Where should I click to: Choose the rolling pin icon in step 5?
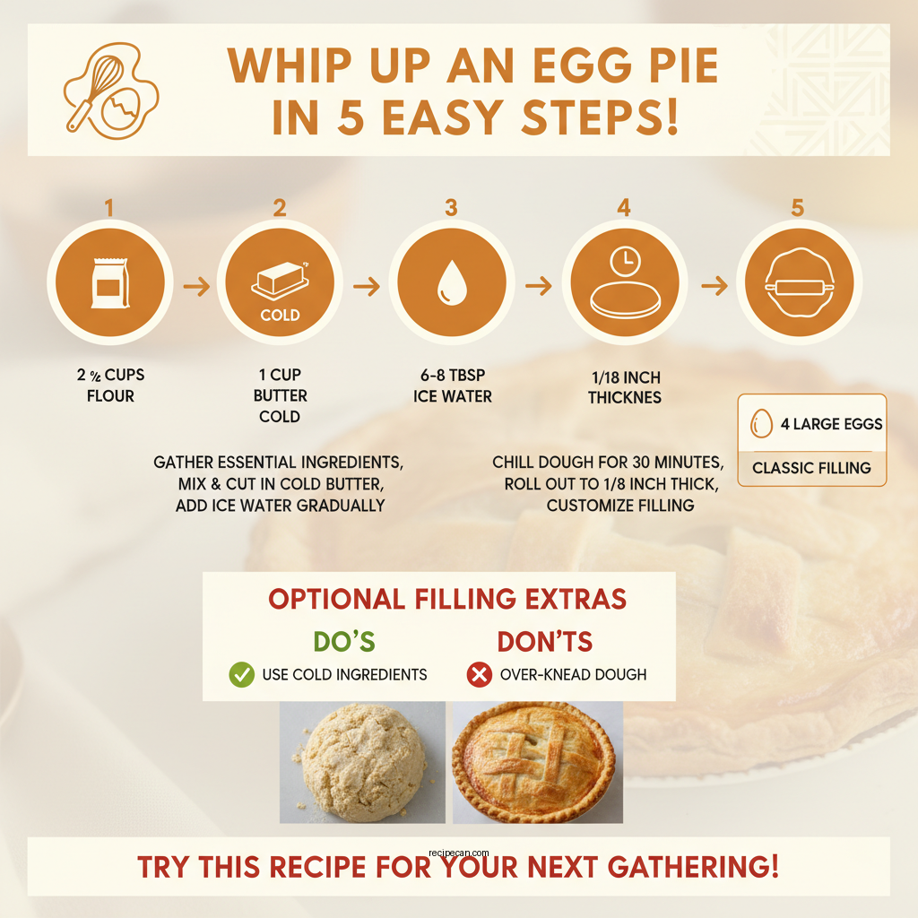click(x=797, y=287)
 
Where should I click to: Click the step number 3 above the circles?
click(x=451, y=208)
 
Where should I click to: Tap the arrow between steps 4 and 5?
click(x=714, y=286)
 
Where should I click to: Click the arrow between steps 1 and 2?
click(x=195, y=287)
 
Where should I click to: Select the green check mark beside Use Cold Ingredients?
click(x=242, y=675)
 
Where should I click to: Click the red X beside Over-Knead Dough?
click(x=480, y=675)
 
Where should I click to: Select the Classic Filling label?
click(x=811, y=467)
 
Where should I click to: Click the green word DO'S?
click(x=344, y=642)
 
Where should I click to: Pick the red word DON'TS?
click(x=545, y=642)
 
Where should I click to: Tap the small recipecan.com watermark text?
click(x=459, y=854)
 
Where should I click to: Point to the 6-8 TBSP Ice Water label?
click(x=453, y=386)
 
